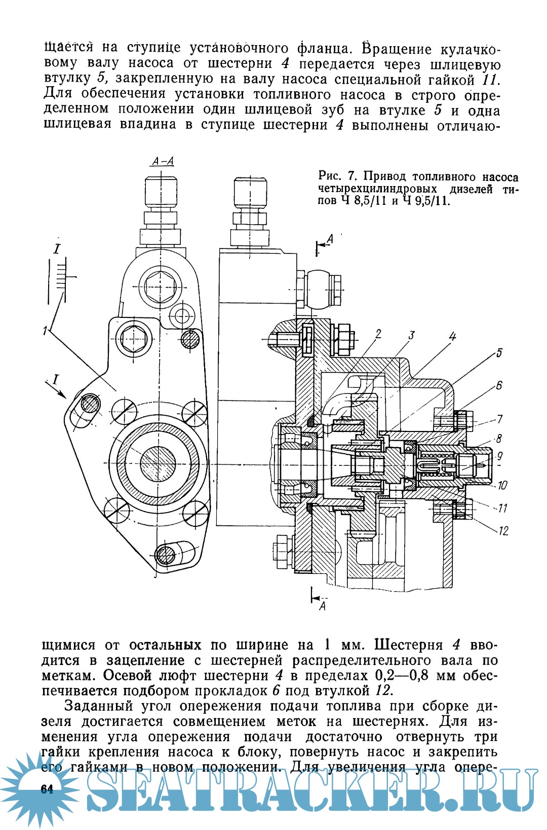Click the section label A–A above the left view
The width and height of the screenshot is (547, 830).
(163, 161)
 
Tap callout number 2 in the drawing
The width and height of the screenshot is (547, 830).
(378, 334)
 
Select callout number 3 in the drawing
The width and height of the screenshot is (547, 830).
(411, 335)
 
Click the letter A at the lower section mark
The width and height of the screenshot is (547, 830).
(322, 606)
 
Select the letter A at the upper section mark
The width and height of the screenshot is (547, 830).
(330, 239)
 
